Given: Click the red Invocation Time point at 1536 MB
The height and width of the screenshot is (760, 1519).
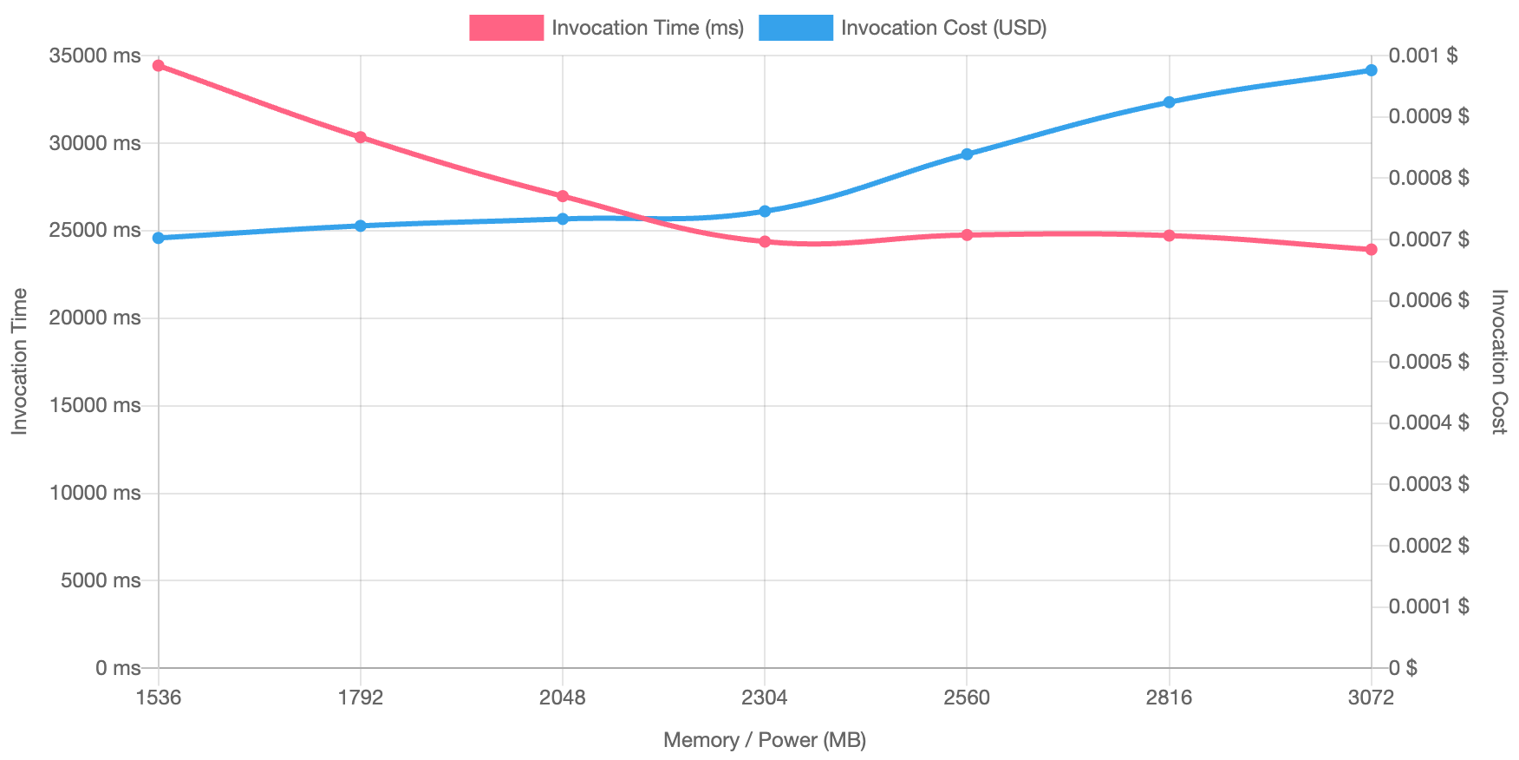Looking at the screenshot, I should pos(159,66).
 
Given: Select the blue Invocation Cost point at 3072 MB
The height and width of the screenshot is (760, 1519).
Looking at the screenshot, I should pos(1372,70).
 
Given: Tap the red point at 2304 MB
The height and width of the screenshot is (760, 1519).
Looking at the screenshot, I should pos(765,242).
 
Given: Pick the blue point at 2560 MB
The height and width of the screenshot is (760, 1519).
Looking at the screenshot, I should pos(967,154).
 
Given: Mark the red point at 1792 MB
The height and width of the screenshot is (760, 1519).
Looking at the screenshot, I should pos(361,137).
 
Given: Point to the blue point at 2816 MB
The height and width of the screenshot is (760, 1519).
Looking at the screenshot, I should pos(1169,102).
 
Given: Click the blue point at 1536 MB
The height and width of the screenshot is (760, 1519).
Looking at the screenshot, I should pos(159,238).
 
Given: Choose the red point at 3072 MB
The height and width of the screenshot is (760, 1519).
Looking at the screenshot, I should pos(1372,250).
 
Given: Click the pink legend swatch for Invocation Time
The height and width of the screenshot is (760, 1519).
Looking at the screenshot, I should pos(506,28).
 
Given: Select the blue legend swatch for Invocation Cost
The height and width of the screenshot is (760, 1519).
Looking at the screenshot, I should pos(796,28).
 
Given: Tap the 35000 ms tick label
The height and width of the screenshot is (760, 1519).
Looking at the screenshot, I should pos(95,56).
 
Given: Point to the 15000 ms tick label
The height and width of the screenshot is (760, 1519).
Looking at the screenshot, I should pos(95,405).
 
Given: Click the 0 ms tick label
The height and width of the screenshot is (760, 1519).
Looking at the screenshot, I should pos(118,668).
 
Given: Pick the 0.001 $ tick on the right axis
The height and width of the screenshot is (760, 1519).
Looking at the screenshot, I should pos(1423,56).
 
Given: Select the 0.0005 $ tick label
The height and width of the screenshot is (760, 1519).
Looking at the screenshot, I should pos(1429,362).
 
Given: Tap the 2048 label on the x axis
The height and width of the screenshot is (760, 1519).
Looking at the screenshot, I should pos(563,698).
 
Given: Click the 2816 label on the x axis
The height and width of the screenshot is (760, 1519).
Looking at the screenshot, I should pos(1169,698).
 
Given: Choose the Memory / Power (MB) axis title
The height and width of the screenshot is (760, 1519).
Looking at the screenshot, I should pos(765,740).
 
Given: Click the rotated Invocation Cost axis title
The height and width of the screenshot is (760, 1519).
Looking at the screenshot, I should pos(1498,362).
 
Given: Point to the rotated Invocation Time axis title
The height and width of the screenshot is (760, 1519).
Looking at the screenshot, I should pos(20,362).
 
